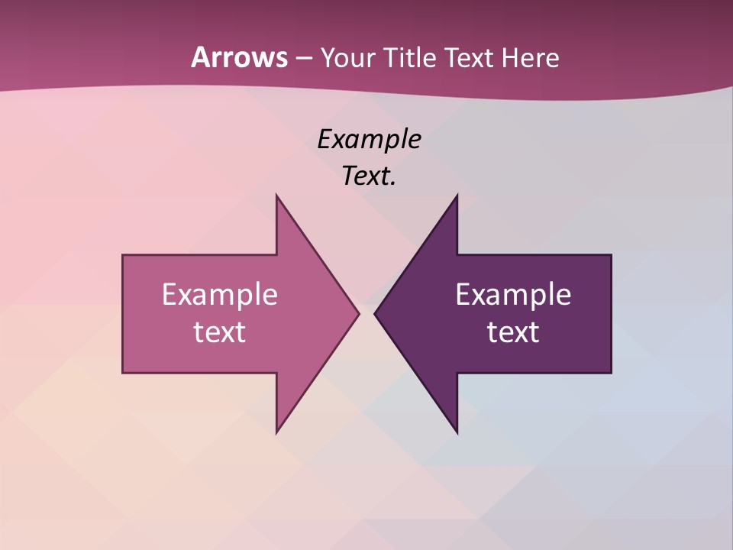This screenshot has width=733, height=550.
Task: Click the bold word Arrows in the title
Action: coord(238,57)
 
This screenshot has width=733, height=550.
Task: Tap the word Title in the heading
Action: coord(409,57)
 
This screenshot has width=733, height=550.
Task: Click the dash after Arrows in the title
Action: coord(303,58)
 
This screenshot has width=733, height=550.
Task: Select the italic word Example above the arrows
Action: coord(369,140)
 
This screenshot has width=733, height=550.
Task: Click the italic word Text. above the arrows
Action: coord(369,176)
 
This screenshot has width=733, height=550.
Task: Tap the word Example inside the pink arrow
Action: coord(220,295)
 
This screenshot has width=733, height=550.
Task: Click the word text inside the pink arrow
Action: coord(220,332)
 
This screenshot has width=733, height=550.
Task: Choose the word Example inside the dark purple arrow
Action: coord(513,295)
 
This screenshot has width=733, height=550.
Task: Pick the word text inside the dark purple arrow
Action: coord(513,332)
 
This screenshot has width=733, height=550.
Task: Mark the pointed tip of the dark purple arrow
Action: coord(375,313)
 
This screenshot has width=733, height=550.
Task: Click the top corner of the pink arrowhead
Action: coord(276,196)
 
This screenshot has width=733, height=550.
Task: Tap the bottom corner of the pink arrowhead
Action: coord(276,432)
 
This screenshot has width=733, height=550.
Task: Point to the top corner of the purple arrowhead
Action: coord(457,196)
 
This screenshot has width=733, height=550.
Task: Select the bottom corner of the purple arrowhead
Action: coord(457,432)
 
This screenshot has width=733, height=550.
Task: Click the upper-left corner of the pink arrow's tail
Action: coord(123,255)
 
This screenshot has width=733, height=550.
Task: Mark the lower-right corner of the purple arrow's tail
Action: coord(611,373)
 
